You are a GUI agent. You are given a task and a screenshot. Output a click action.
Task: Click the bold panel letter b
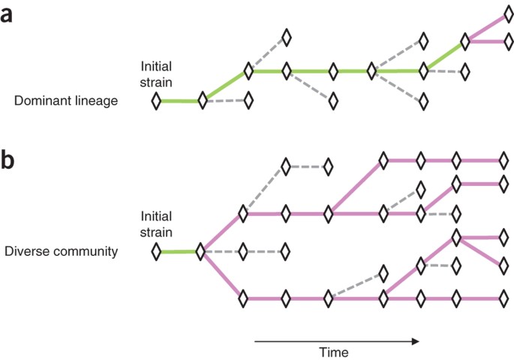(x=8, y=162)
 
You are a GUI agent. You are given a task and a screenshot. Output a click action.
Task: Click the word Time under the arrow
(x=333, y=351)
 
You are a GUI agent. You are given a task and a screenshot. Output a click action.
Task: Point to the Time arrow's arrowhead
(x=415, y=341)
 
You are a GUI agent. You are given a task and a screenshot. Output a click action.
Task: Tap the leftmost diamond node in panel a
(x=156, y=100)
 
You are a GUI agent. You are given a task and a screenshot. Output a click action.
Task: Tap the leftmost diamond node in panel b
(x=156, y=251)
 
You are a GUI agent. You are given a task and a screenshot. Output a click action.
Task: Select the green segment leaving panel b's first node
(x=178, y=251)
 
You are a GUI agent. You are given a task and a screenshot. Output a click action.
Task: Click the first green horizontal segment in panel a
(x=179, y=100)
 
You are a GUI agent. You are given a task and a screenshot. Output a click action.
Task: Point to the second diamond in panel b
(x=200, y=251)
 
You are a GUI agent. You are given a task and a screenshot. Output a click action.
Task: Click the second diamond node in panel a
(x=202, y=100)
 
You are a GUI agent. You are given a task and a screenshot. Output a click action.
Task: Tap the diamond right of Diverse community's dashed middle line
(x=285, y=251)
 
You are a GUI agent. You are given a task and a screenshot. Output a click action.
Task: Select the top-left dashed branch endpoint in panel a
(x=285, y=37)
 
